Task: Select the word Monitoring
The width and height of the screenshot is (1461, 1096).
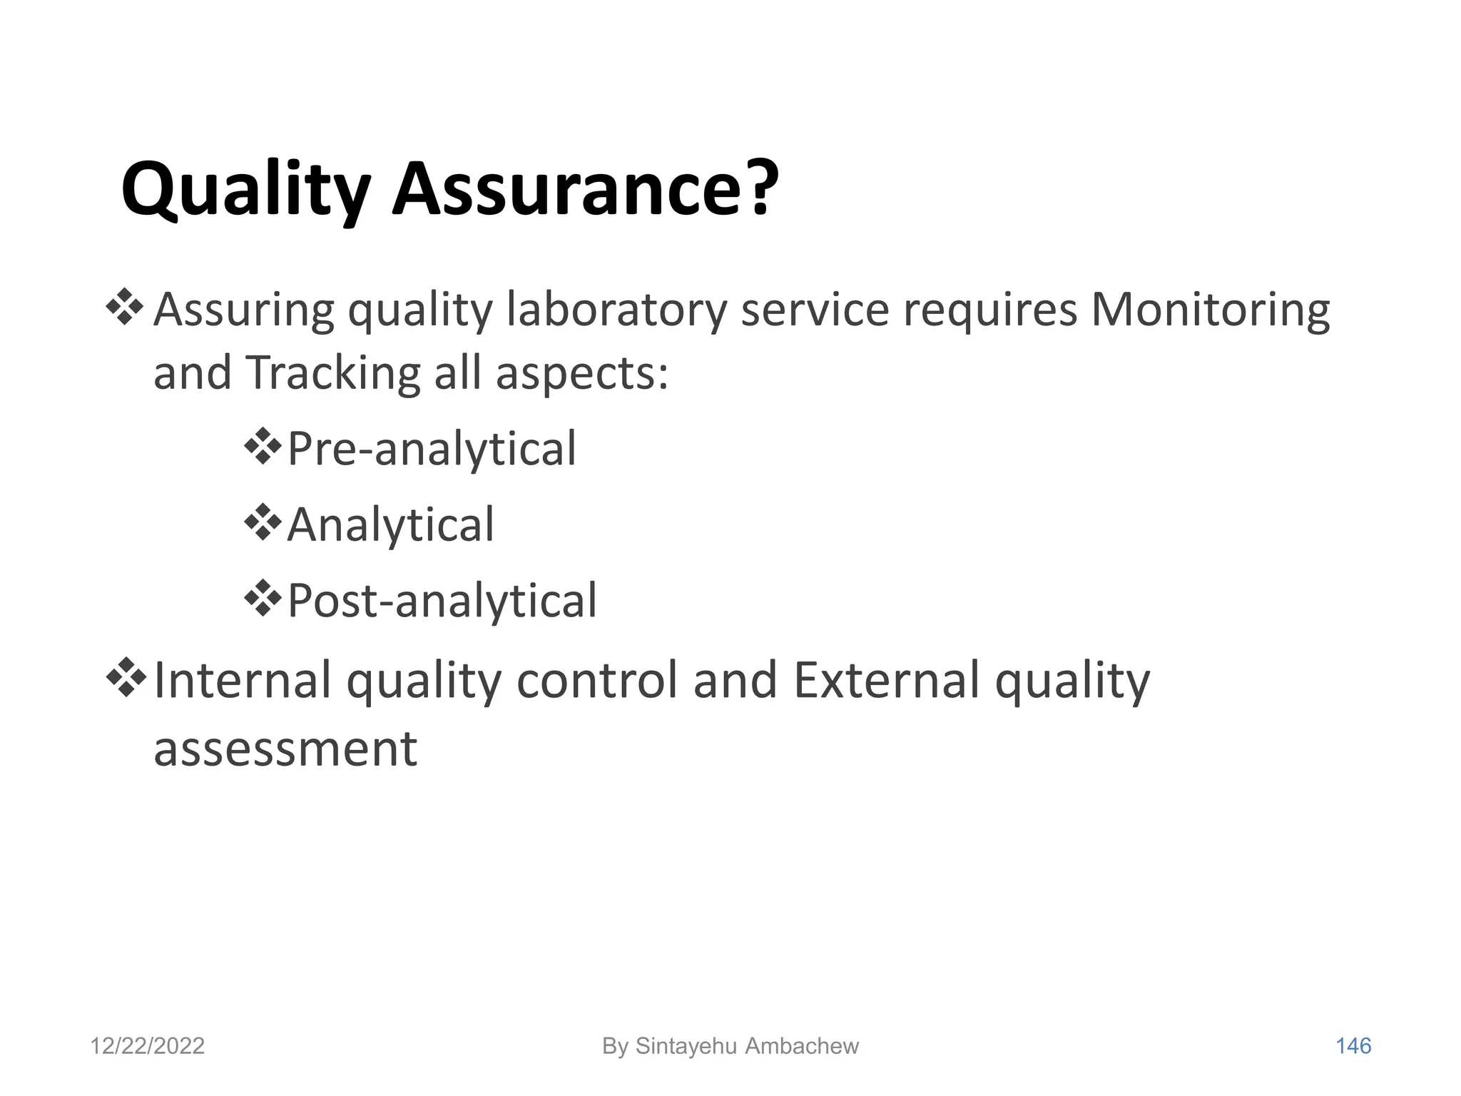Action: [1210, 310]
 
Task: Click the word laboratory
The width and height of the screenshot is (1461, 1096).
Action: [616, 310]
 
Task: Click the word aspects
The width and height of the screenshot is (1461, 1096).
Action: [581, 373]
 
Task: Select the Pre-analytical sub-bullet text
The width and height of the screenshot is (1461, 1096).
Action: [431, 450]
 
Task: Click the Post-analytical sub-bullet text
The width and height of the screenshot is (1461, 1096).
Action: [442, 601]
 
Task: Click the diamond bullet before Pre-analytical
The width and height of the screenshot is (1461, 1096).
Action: [263, 446]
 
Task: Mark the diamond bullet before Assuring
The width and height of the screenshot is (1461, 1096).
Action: [125, 307]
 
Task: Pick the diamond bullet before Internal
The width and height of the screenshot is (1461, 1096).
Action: [125, 677]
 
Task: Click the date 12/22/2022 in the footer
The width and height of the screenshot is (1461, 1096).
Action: [147, 1046]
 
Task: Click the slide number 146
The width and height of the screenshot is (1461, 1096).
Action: [1353, 1046]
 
